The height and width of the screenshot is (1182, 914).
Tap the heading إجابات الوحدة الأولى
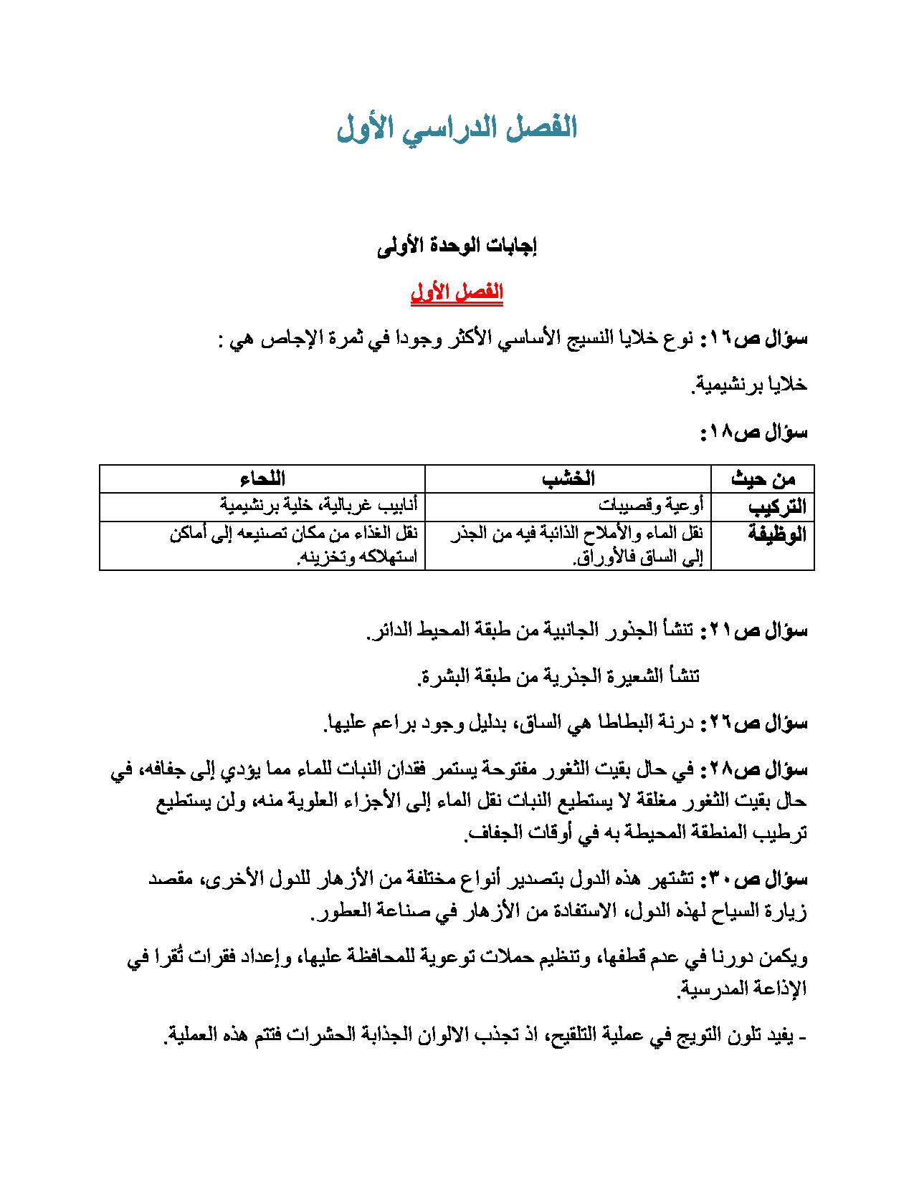pyautogui.click(x=457, y=246)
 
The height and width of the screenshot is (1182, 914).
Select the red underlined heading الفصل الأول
pyautogui.click(x=457, y=292)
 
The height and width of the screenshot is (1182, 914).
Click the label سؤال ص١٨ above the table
pyautogui.click(x=754, y=432)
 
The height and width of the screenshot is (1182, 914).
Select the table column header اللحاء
pyautogui.click(x=262, y=479)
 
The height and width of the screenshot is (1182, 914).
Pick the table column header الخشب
pyautogui.click(x=568, y=479)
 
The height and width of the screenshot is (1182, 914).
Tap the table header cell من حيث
pyautogui.click(x=763, y=479)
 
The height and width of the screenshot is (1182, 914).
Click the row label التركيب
pyautogui.click(x=777, y=506)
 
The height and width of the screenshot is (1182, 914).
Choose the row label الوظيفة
pyautogui.click(x=777, y=534)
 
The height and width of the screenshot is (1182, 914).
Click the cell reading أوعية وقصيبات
pyautogui.click(x=651, y=506)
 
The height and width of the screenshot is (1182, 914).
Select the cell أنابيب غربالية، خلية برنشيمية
pyautogui.click(x=318, y=506)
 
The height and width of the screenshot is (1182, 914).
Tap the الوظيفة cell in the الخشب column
pyautogui.click(x=577, y=545)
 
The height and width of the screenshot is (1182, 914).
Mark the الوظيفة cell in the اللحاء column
pyautogui.click(x=294, y=545)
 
